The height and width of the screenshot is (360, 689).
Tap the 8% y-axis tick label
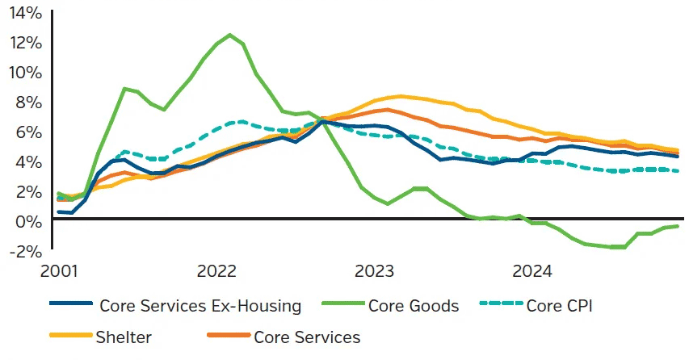pyautogui.click(x=27, y=103)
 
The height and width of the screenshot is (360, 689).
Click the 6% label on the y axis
pyautogui.click(x=27, y=132)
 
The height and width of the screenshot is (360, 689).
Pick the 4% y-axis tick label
pyautogui.click(x=27, y=161)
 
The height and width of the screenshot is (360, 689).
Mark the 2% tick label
pyautogui.click(x=27, y=191)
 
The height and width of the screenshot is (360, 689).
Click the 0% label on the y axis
pyautogui.click(x=27, y=220)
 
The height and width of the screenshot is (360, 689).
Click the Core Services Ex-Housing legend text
pyautogui.click(x=200, y=306)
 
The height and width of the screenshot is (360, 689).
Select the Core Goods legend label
pyautogui.click(x=414, y=306)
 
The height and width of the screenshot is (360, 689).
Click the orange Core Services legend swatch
pyautogui.click(x=229, y=337)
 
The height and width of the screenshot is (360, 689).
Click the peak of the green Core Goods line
pyautogui.click(x=230, y=35)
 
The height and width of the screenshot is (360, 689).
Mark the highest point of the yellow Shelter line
pyautogui.click(x=401, y=96)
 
